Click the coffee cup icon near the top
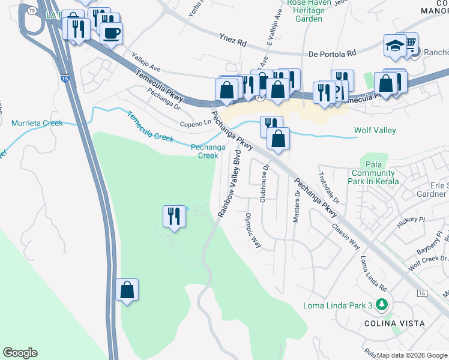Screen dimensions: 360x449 tap(112, 32)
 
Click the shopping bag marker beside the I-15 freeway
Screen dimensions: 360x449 tap(127, 290)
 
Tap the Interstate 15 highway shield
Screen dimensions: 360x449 tap(64, 78)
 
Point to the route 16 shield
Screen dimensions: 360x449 tap(423, 293)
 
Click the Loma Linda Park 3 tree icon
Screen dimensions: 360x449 tap(380, 305)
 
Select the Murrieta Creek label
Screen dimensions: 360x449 tap(37, 124)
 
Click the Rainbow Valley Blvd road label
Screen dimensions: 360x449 tap(229, 187)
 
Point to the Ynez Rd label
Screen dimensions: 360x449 tap(233, 43)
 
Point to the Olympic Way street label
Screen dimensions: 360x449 tap(253, 230)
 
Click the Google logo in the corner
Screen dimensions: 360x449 tap(20, 353)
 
